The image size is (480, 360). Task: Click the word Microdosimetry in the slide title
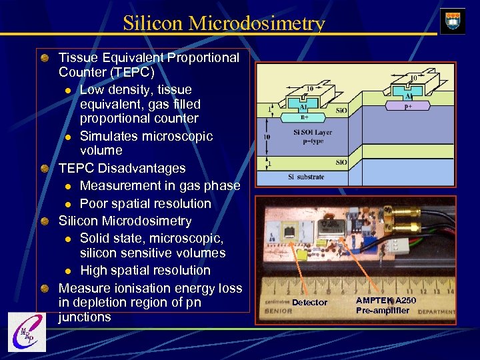(x=257, y=23)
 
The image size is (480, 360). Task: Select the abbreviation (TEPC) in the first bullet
(x=132, y=72)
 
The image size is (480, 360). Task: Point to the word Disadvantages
(x=140, y=168)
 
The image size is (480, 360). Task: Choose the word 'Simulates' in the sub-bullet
(x=109, y=136)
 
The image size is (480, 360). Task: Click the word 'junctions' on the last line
(x=85, y=317)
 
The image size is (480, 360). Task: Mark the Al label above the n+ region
(x=303, y=105)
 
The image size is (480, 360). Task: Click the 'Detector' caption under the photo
(x=310, y=303)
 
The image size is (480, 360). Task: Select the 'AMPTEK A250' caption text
(x=386, y=300)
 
